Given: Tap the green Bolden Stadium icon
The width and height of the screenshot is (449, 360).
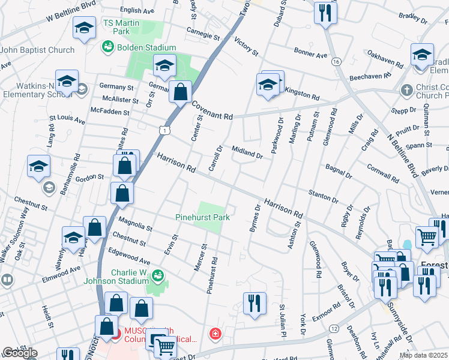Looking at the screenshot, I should (x=108, y=46).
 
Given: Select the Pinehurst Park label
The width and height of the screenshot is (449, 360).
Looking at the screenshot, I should (x=202, y=217).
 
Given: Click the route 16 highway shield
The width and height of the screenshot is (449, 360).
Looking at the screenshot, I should (x=337, y=62).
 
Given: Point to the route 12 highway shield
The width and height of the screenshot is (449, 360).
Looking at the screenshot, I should (x=333, y=328).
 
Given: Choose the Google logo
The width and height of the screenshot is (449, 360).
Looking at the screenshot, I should (x=20, y=353).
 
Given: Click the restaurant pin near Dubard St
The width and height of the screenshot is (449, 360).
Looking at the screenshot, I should (x=325, y=13).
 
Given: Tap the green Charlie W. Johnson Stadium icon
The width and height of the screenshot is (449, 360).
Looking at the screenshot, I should (x=157, y=275).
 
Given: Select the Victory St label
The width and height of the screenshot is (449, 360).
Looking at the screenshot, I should (x=246, y=49).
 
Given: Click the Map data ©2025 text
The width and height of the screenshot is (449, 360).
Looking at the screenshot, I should (x=423, y=355).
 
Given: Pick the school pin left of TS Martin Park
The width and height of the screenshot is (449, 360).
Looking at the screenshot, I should (x=84, y=28).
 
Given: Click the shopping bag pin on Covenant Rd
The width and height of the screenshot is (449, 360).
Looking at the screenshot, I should (x=180, y=92).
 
